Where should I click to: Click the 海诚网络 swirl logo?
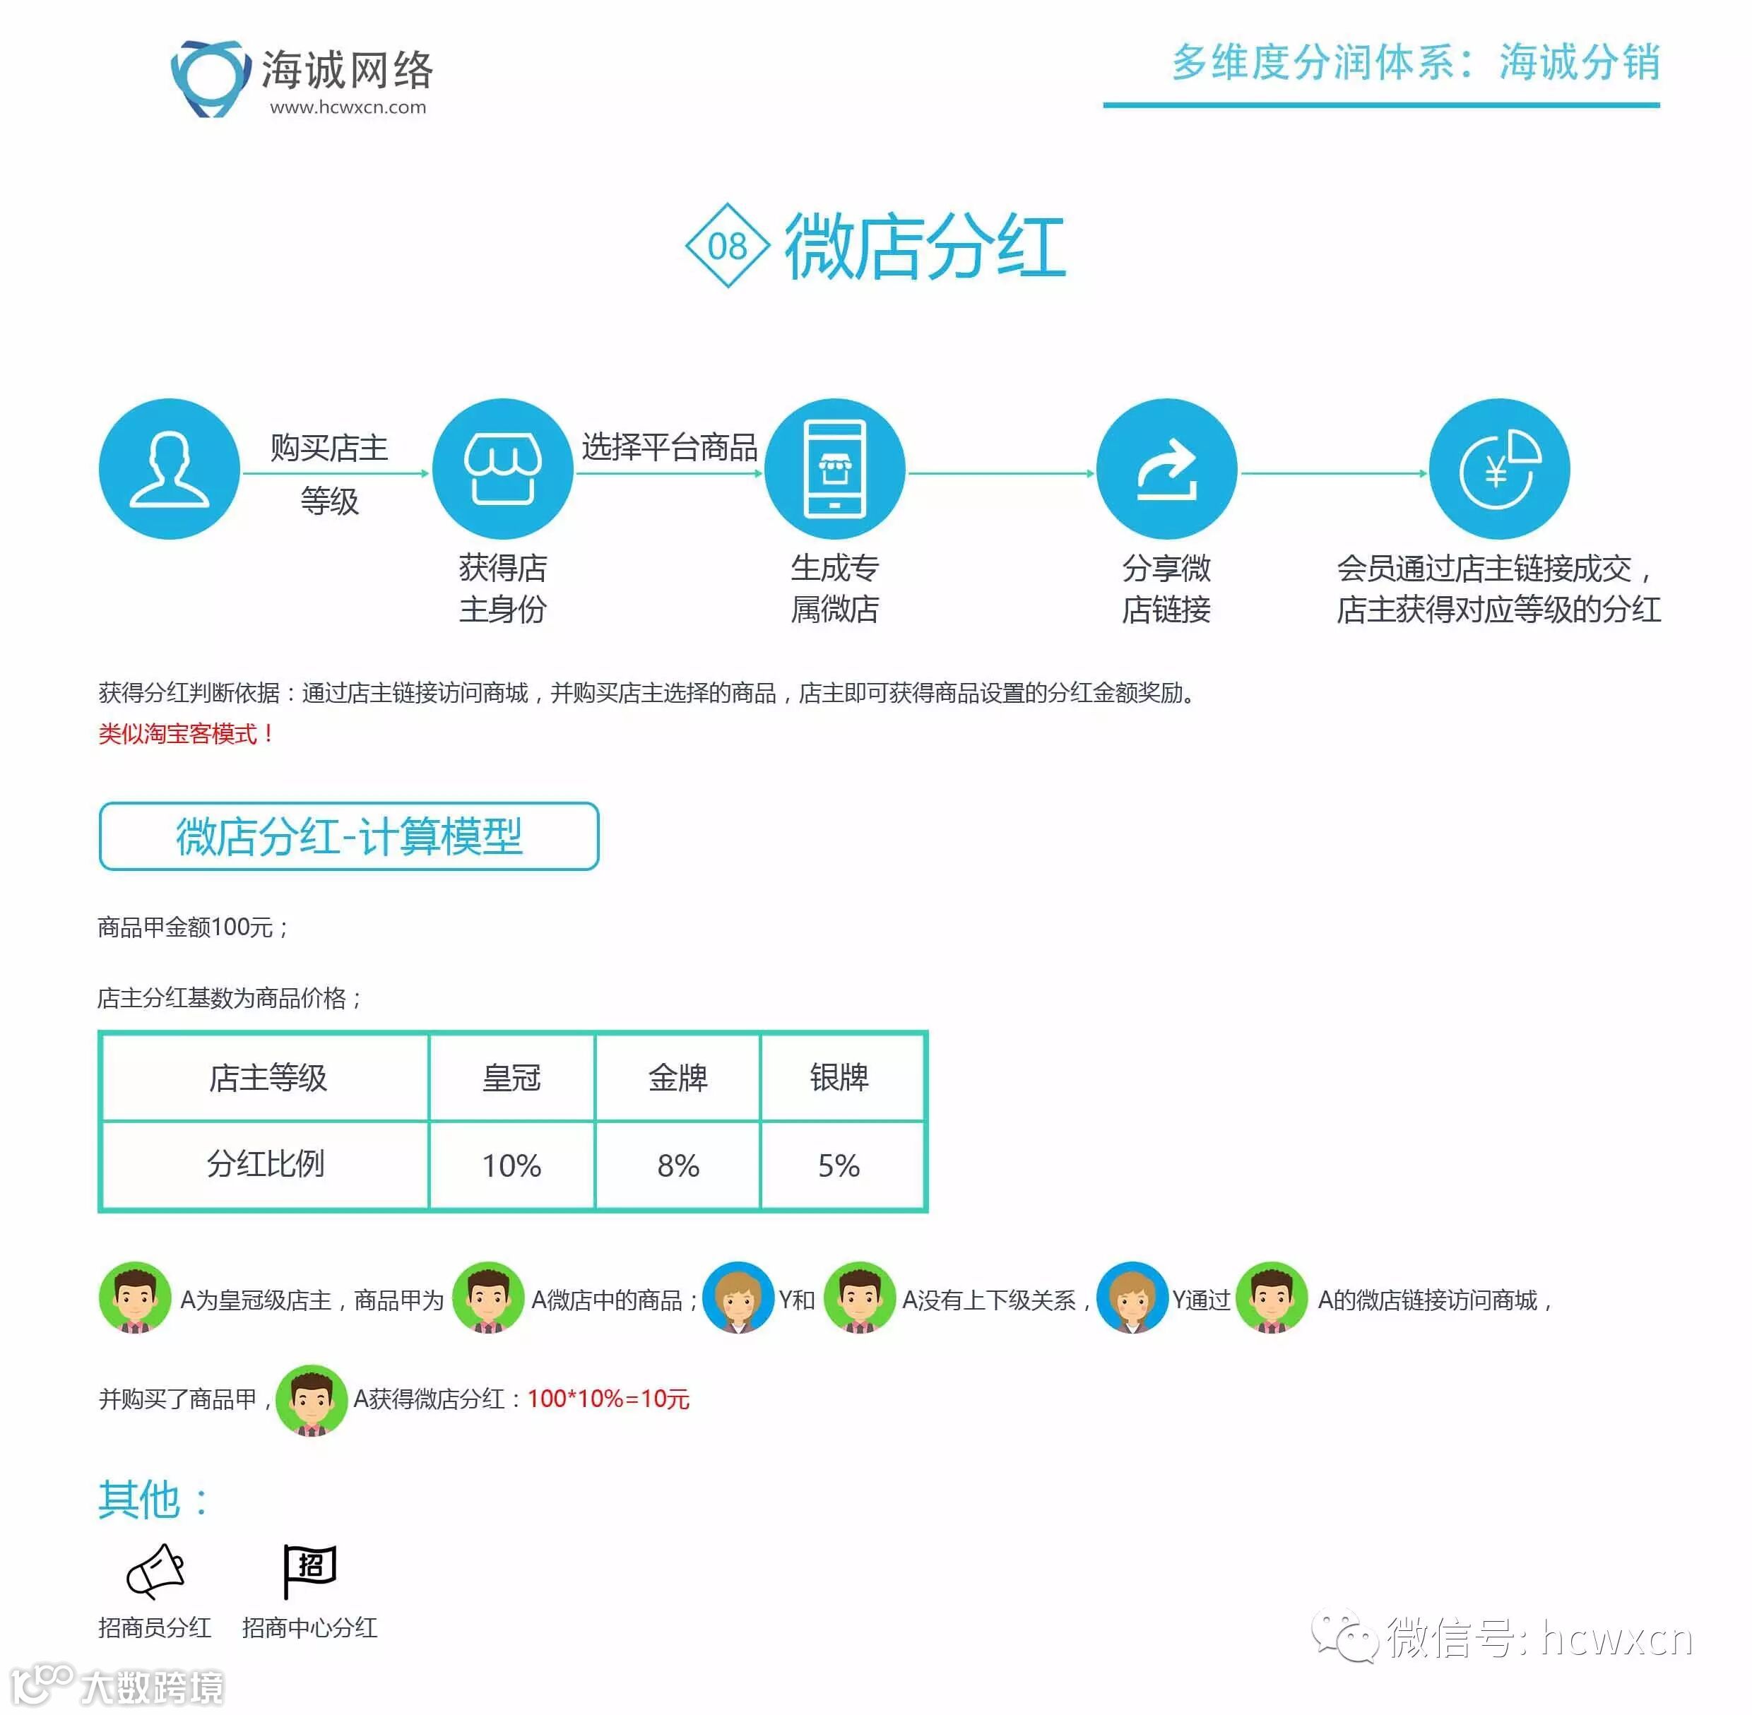[210, 78]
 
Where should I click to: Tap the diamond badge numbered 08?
[727, 245]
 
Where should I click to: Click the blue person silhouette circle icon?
[170, 468]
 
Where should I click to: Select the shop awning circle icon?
[502, 468]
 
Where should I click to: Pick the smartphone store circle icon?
[834, 468]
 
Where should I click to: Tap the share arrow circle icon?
[1166, 468]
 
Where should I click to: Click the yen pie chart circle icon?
[1499, 468]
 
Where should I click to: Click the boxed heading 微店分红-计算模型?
[348, 836]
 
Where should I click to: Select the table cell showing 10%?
[511, 1165]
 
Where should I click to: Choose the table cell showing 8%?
[677, 1165]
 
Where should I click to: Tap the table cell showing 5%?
[839, 1165]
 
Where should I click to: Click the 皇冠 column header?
[511, 1077]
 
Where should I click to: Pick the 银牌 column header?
[839, 1077]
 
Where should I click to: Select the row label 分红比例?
[266, 1164]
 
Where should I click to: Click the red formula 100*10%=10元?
[608, 1399]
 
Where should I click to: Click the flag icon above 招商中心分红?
[309, 1570]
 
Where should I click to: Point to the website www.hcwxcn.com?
[348, 107]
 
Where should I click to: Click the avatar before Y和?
[738, 1298]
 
